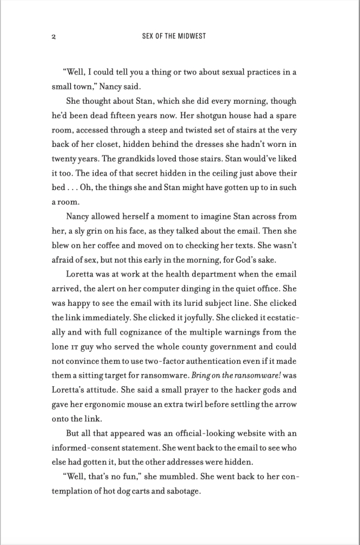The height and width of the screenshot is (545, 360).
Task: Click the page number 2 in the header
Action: coord(54,37)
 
